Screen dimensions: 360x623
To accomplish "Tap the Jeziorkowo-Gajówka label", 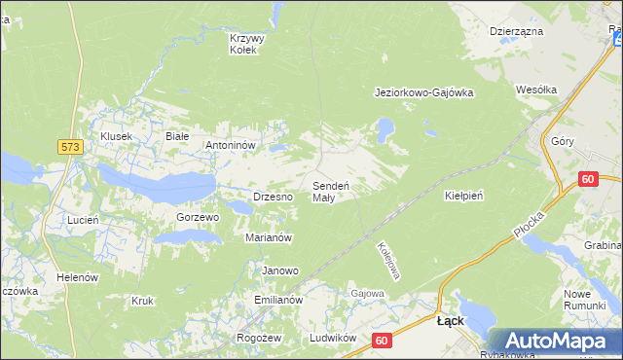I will (x=423, y=93).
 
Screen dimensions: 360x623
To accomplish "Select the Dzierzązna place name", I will (x=516, y=31).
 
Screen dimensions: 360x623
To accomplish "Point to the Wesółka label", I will (x=536, y=90).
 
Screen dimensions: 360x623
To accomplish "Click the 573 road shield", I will (x=69, y=147).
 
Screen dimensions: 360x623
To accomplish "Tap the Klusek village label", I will (x=115, y=137).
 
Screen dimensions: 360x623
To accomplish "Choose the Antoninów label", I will (x=230, y=145).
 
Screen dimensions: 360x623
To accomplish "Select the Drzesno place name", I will (x=273, y=197).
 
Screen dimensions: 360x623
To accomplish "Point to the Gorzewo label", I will (x=198, y=217).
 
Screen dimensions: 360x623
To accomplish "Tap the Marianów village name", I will (x=270, y=237).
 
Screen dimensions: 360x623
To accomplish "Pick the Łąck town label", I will (x=451, y=320).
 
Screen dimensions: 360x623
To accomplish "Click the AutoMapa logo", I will (x=554, y=342).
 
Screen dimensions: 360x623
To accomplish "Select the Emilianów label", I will (x=279, y=301).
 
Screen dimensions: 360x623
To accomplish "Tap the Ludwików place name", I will (x=329, y=338).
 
